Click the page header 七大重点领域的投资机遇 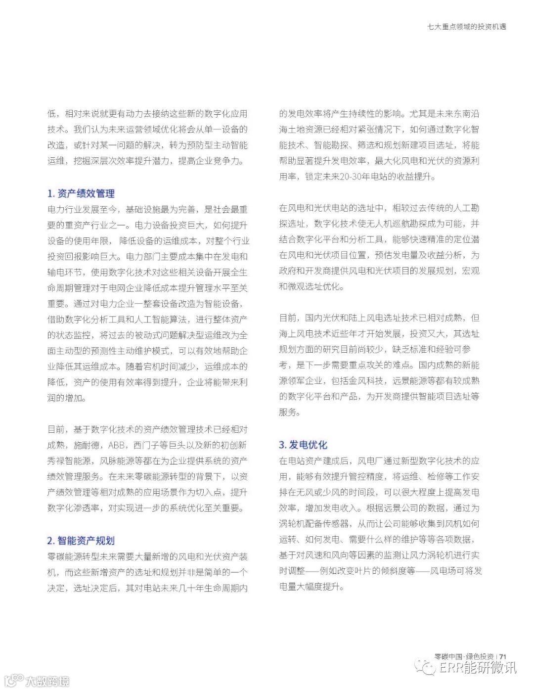point(467,27)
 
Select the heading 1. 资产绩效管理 point(81,194)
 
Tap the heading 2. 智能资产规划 point(81,541)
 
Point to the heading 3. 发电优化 point(303,445)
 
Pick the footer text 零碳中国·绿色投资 point(464,656)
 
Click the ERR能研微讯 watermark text point(478,668)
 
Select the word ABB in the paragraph point(117,445)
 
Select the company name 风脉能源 point(117,461)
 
